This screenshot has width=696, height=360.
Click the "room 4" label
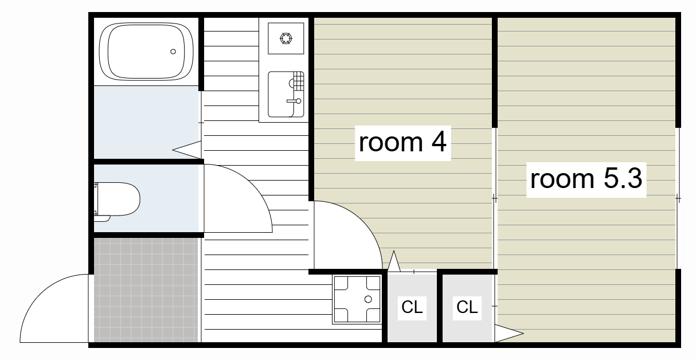click(x=402, y=143)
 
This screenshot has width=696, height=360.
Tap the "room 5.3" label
click(x=586, y=179)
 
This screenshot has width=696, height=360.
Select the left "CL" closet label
click(x=412, y=307)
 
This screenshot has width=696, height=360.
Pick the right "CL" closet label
click(x=467, y=307)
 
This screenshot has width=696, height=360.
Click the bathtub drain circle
click(x=173, y=52)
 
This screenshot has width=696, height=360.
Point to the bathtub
click(x=146, y=52)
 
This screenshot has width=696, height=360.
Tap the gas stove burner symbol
click(x=286, y=38)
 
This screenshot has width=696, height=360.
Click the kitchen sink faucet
click(x=294, y=101)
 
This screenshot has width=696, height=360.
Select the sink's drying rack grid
click(x=298, y=81)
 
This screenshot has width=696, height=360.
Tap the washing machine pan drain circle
click(x=368, y=299)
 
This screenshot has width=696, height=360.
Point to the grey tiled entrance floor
click(x=146, y=290)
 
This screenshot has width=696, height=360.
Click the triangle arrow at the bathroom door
click(x=186, y=150)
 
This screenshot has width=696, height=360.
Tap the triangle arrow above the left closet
click(x=394, y=261)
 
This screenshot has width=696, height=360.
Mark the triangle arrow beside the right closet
click(x=509, y=333)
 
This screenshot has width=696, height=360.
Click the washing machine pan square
click(x=357, y=299)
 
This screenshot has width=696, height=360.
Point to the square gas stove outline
click(x=286, y=38)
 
